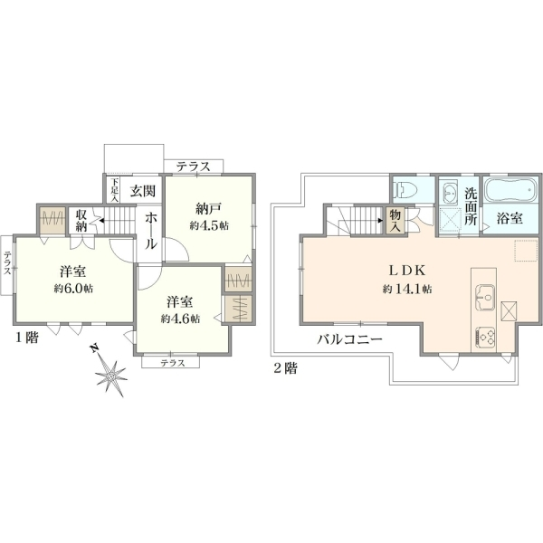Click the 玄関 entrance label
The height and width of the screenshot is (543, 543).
[x=143, y=191]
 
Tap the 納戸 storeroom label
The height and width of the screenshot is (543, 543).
[x=208, y=209]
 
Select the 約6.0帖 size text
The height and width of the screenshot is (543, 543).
[x=73, y=288]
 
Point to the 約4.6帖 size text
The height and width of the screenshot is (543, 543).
[x=180, y=319]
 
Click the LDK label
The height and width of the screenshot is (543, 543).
[x=407, y=271]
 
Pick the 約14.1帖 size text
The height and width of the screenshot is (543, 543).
[x=407, y=289]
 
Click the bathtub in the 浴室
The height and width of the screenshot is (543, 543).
[x=510, y=189]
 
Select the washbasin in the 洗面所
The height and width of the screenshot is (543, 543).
[x=451, y=192]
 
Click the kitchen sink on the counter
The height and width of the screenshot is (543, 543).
[x=484, y=298]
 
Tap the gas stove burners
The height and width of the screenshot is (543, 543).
[x=485, y=338]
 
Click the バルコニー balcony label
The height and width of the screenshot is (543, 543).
[x=350, y=339]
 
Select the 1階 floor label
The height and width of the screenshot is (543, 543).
[x=26, y=338]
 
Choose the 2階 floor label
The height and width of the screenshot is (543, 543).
[x=285, y=368]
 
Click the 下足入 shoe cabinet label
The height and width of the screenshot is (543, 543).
[x=115, y=190]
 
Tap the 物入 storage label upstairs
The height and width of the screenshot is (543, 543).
[x=395, y=221]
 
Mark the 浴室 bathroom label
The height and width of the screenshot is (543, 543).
[x=510, y=218]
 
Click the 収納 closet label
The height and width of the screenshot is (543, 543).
[x=81, y=221]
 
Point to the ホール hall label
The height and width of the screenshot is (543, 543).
[x=150, y=232]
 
